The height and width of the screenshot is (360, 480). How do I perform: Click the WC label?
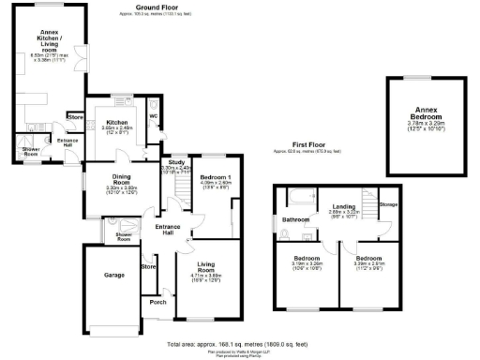coord(153,116)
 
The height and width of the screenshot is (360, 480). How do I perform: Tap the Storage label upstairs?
coord(388,203)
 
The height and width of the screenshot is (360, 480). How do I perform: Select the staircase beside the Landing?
coord(369,204)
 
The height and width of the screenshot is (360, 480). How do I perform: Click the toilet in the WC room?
coord(155,131)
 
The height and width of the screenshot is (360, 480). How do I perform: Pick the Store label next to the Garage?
coord(147,267)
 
